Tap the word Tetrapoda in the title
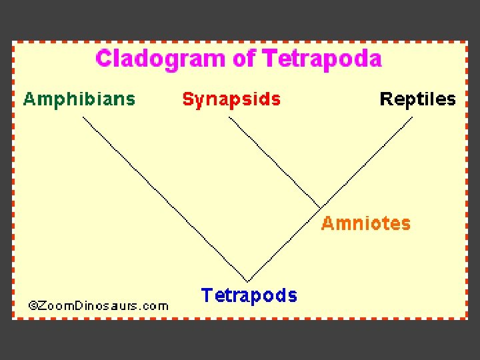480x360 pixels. point(322,59)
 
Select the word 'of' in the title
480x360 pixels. point(244,59)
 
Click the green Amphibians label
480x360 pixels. point(79,99)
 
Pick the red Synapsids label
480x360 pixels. point(231,99)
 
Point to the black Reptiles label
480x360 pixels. point(417,99)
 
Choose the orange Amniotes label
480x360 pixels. point(365,223)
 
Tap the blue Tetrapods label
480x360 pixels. point(249,295)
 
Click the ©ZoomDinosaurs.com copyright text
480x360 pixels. point(98,306)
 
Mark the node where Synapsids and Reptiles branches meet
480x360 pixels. point(319,207)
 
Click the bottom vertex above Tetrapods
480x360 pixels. point(248,281)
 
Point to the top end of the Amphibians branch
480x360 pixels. point(83,118)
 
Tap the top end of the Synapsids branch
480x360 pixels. point(229,118)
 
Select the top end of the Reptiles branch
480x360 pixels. point(412,118)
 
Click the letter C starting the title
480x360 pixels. point(104,59)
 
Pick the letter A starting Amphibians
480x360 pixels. point(29,99)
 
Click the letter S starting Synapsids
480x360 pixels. point(188,99)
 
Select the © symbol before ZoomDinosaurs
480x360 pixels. point(32,306)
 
